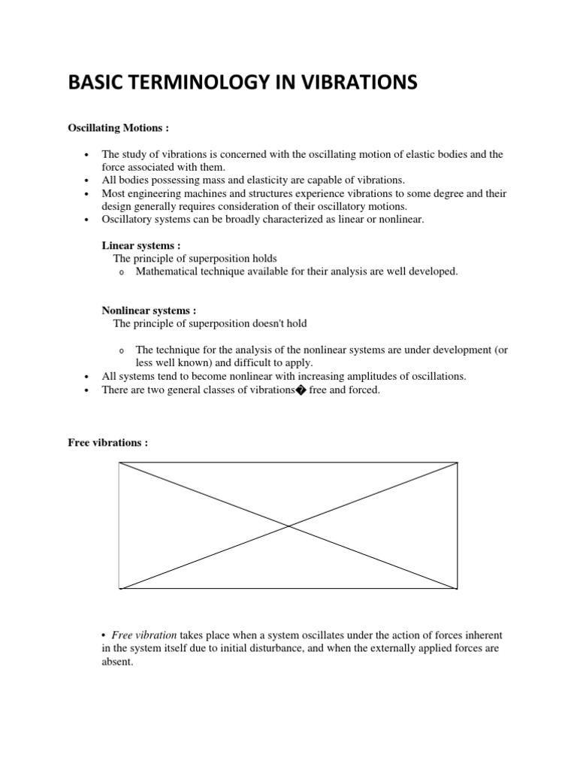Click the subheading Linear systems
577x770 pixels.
(x=140, y=246)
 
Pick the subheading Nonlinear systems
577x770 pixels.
(x=148, y=311)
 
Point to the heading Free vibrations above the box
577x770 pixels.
(x=107, y=443)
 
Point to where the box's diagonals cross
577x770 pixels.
(x=288, y=526)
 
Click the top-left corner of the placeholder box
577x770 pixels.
(x=119, y=463)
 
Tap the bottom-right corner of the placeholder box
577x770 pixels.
(x=457, y=589)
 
